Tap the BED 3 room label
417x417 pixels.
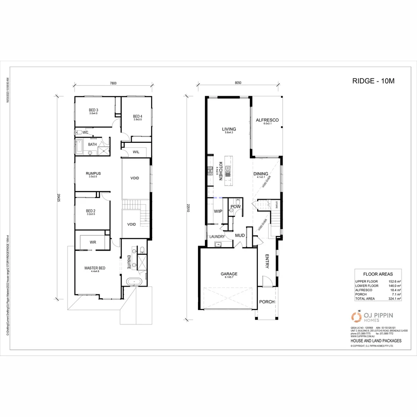(x=93, y=110)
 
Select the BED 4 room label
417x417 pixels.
(x=137, y=117)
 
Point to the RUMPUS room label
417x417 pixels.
(x=93, y=174)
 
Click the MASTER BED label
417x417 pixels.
(x=95, y=268)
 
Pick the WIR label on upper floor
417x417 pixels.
(x=93, y=242)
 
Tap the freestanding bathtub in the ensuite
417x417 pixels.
(x=134, y=282)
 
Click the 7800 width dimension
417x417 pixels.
(x=113, y=83)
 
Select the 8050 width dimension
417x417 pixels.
(x=238, y=83)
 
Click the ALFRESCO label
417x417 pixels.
(x=267, y=120)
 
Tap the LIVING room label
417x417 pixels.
(x=229, y=129)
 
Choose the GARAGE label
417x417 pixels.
(x=229, y=274)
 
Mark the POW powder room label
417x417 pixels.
(x=235, y=207)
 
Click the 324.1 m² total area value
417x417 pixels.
(x=394, y=298)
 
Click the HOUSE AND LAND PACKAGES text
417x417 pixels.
(x=376, y=341)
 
